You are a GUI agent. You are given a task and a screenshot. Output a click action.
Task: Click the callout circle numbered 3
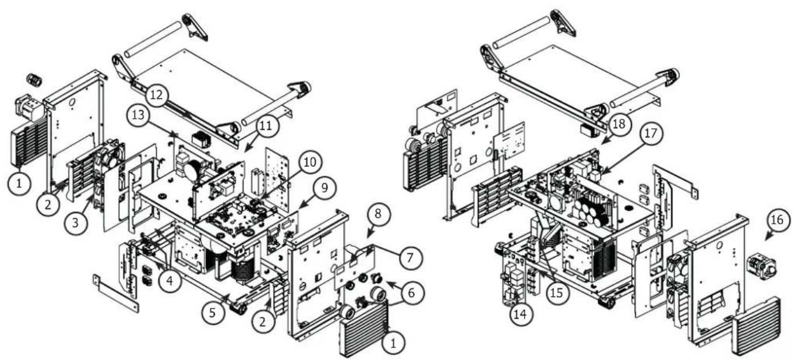(x=75, y=223)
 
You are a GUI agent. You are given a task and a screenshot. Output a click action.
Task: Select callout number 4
(x=169, y=281)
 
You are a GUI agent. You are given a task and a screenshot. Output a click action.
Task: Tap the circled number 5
(x=212, y=312)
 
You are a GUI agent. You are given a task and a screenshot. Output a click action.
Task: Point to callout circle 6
(x=411, y=292)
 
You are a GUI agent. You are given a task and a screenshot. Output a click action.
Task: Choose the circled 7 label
(x=410, y=257)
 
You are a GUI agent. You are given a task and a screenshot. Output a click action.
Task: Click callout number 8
(x=378, y=214)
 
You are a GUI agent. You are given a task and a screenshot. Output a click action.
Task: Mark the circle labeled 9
(x=324, y=188)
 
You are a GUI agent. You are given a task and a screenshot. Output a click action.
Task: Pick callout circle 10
(x=310, y=163)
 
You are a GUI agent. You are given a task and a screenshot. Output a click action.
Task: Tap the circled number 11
(x=266, y=125)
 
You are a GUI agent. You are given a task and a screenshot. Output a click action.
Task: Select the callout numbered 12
(x=157, y=95)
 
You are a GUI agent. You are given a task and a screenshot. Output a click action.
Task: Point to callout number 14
(x=520, y=314)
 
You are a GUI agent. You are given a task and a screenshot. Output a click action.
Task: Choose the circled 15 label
(x=557, y=292)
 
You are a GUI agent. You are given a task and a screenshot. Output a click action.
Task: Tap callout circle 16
(x=777, y=220)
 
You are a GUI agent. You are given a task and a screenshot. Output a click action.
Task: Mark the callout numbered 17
(x=651, y=133)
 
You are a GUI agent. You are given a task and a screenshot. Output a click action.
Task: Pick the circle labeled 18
(x=619, y=124)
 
